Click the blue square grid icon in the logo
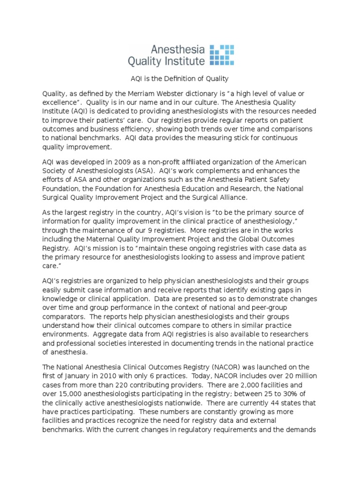pyautogui.click(x=221, y=54)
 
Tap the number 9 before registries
pyautogui.click(x=154, y=230)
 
